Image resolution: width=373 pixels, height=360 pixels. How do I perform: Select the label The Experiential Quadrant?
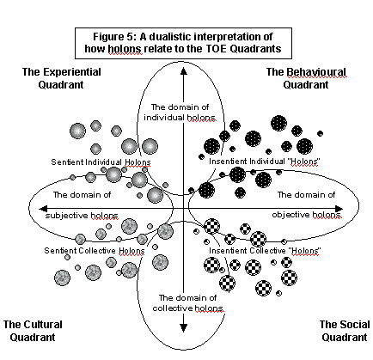pos(61,78)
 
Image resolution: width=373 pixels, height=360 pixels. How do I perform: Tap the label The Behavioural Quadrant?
pos(306,78)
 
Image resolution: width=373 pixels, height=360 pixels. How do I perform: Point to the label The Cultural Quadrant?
pos(33,331)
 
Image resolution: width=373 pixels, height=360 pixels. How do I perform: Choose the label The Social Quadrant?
pos(345,331)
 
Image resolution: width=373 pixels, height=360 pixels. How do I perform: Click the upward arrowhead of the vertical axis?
pos(184,71)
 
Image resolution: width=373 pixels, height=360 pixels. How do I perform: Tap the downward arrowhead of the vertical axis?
pos(184,328)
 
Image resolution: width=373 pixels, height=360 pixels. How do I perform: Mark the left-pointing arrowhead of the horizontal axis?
pos(43,209)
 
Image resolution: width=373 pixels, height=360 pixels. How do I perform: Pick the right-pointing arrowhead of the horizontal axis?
pos(339,209)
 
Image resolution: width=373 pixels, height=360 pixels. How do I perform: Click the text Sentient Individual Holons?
pos(101,162)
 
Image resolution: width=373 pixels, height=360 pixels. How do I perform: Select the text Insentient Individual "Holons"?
pos(264,162)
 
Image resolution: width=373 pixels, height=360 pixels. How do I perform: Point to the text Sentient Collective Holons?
pos(95,251)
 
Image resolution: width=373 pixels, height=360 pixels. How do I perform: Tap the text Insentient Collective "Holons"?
pos(265,251)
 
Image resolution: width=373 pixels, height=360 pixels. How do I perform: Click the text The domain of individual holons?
pos(180,113)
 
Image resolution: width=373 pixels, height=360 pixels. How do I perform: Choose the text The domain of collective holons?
pos(187,303)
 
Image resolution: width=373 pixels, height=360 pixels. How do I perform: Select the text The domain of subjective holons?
pos(82,205)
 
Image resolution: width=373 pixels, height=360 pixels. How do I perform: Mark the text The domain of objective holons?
pos(307,204)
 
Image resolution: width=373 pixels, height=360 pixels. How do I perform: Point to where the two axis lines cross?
pos(184,209)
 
